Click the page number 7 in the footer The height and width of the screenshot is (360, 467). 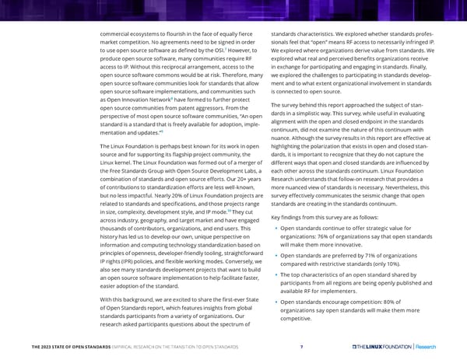click(301, 348)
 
